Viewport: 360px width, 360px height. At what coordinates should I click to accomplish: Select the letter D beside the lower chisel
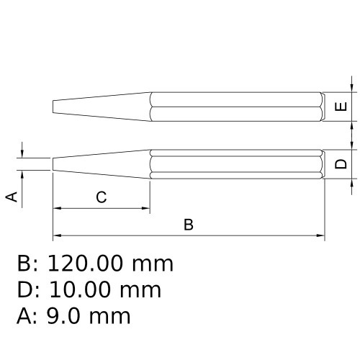[x=343, y=163]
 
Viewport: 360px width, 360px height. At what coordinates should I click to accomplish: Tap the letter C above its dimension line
[x=102, y=197]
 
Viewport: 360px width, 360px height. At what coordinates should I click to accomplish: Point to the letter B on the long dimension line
[x=189, y=225]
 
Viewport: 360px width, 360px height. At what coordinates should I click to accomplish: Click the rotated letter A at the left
[x=12, y=197]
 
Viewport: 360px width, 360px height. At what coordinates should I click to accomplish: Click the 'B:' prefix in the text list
[x=28, y=264]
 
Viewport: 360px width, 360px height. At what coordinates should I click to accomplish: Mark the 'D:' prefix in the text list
[x=28, y=290]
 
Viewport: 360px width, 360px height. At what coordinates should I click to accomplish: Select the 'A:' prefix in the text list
[x=28, y=315]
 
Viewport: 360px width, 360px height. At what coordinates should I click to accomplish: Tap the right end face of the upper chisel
[x=324, y=107]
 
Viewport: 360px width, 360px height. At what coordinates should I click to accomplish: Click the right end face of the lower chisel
[x=324, y=163]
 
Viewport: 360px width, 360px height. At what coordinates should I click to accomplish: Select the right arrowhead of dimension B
[x=320, y=235]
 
